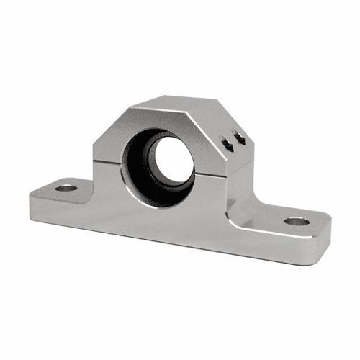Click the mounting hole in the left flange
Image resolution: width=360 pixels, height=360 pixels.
(x=66, y=188)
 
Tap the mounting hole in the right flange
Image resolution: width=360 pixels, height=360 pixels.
(x=296, y=220)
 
